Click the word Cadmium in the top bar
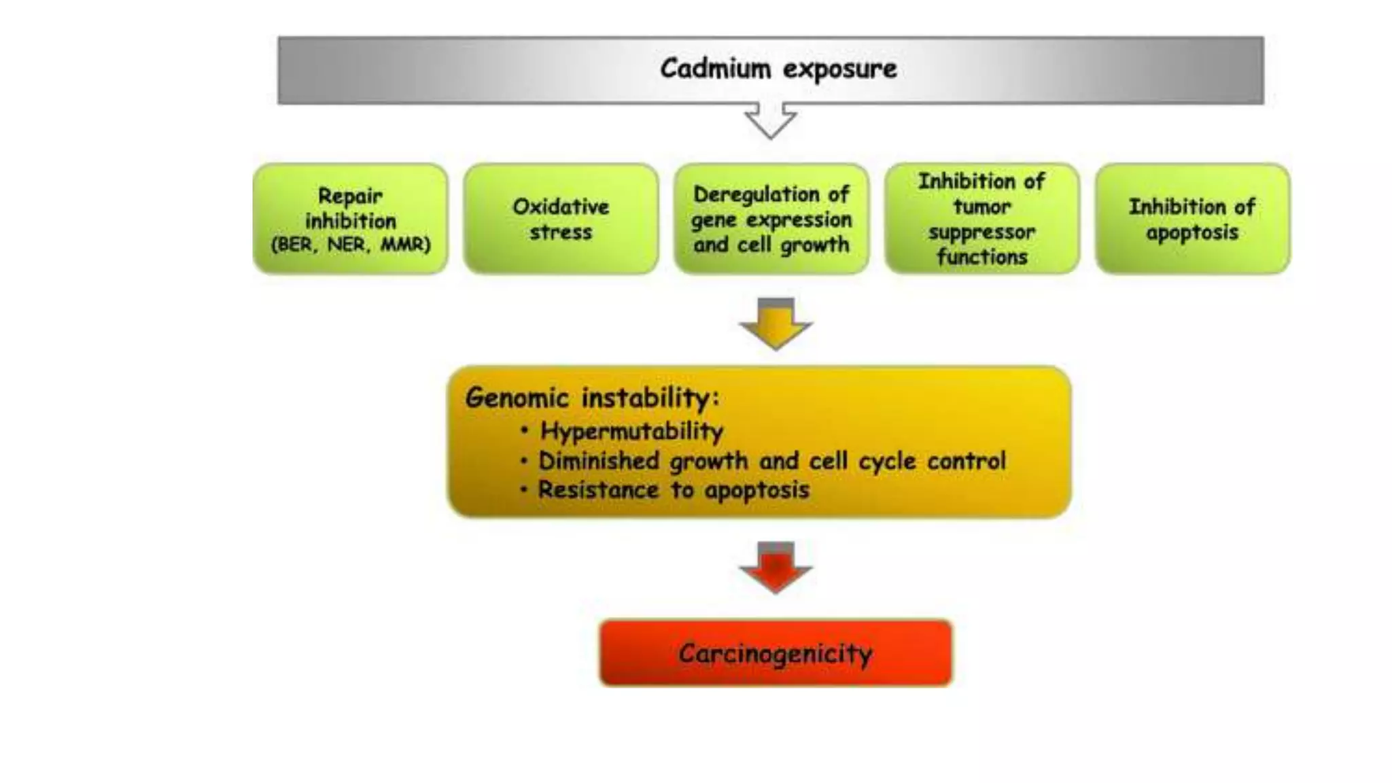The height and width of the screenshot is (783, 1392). (715, 69)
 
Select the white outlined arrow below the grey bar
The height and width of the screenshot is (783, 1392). (771, 120)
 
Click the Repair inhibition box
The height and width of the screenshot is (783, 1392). (350, 218)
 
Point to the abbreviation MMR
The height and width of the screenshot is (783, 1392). (405, 245)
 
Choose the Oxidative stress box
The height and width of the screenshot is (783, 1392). (561, 218)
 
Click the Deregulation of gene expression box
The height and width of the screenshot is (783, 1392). (771, 218)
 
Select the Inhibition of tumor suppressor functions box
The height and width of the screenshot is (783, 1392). (982, 218)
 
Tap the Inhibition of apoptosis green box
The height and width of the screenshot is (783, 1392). (1192, 218)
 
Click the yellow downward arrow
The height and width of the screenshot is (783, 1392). (776, 324)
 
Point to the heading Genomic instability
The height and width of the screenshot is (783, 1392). (591, 398)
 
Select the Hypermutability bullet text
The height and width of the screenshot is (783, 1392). (631, 431)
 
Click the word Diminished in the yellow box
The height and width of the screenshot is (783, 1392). (599, 461)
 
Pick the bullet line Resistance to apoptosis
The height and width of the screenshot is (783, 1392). (673, 490)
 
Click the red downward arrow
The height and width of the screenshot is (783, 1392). (776, 568)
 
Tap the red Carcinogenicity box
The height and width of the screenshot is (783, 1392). (776, 652)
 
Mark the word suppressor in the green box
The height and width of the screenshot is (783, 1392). (981, 232)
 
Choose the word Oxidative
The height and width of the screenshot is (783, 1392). (561, 206)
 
